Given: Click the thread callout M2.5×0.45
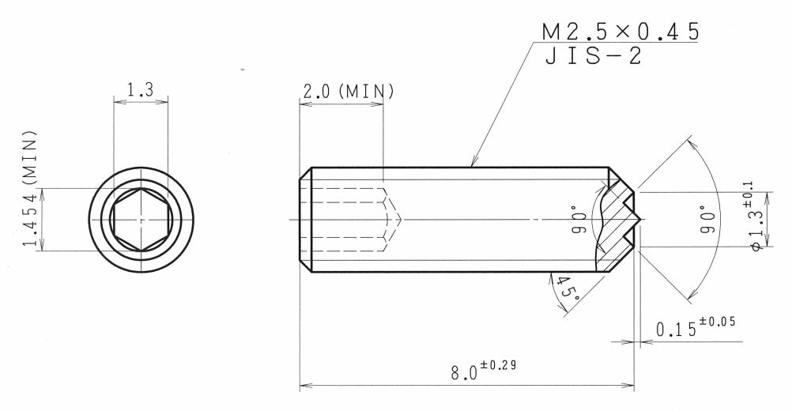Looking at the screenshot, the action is pyautogui.click(x=620, y=32).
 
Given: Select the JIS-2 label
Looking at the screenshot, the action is pyautogui.click(x=594, y=56).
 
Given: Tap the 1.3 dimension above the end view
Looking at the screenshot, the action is pyautogui.click(x=140, y=90).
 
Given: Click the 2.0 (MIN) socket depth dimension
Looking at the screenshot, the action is pyautogui.click(x=348, y=92).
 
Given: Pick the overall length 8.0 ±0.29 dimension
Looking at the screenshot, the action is pyautogui.click(x=484, y=371).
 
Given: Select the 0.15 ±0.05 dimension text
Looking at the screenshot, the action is pyautogui.click(x=696, y=327).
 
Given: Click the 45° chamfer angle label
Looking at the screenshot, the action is pyautogui.click(x=568, y=290).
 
